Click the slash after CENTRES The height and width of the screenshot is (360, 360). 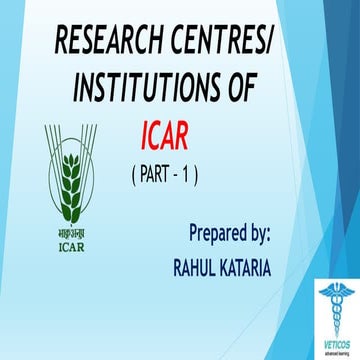tap(273, 43)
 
